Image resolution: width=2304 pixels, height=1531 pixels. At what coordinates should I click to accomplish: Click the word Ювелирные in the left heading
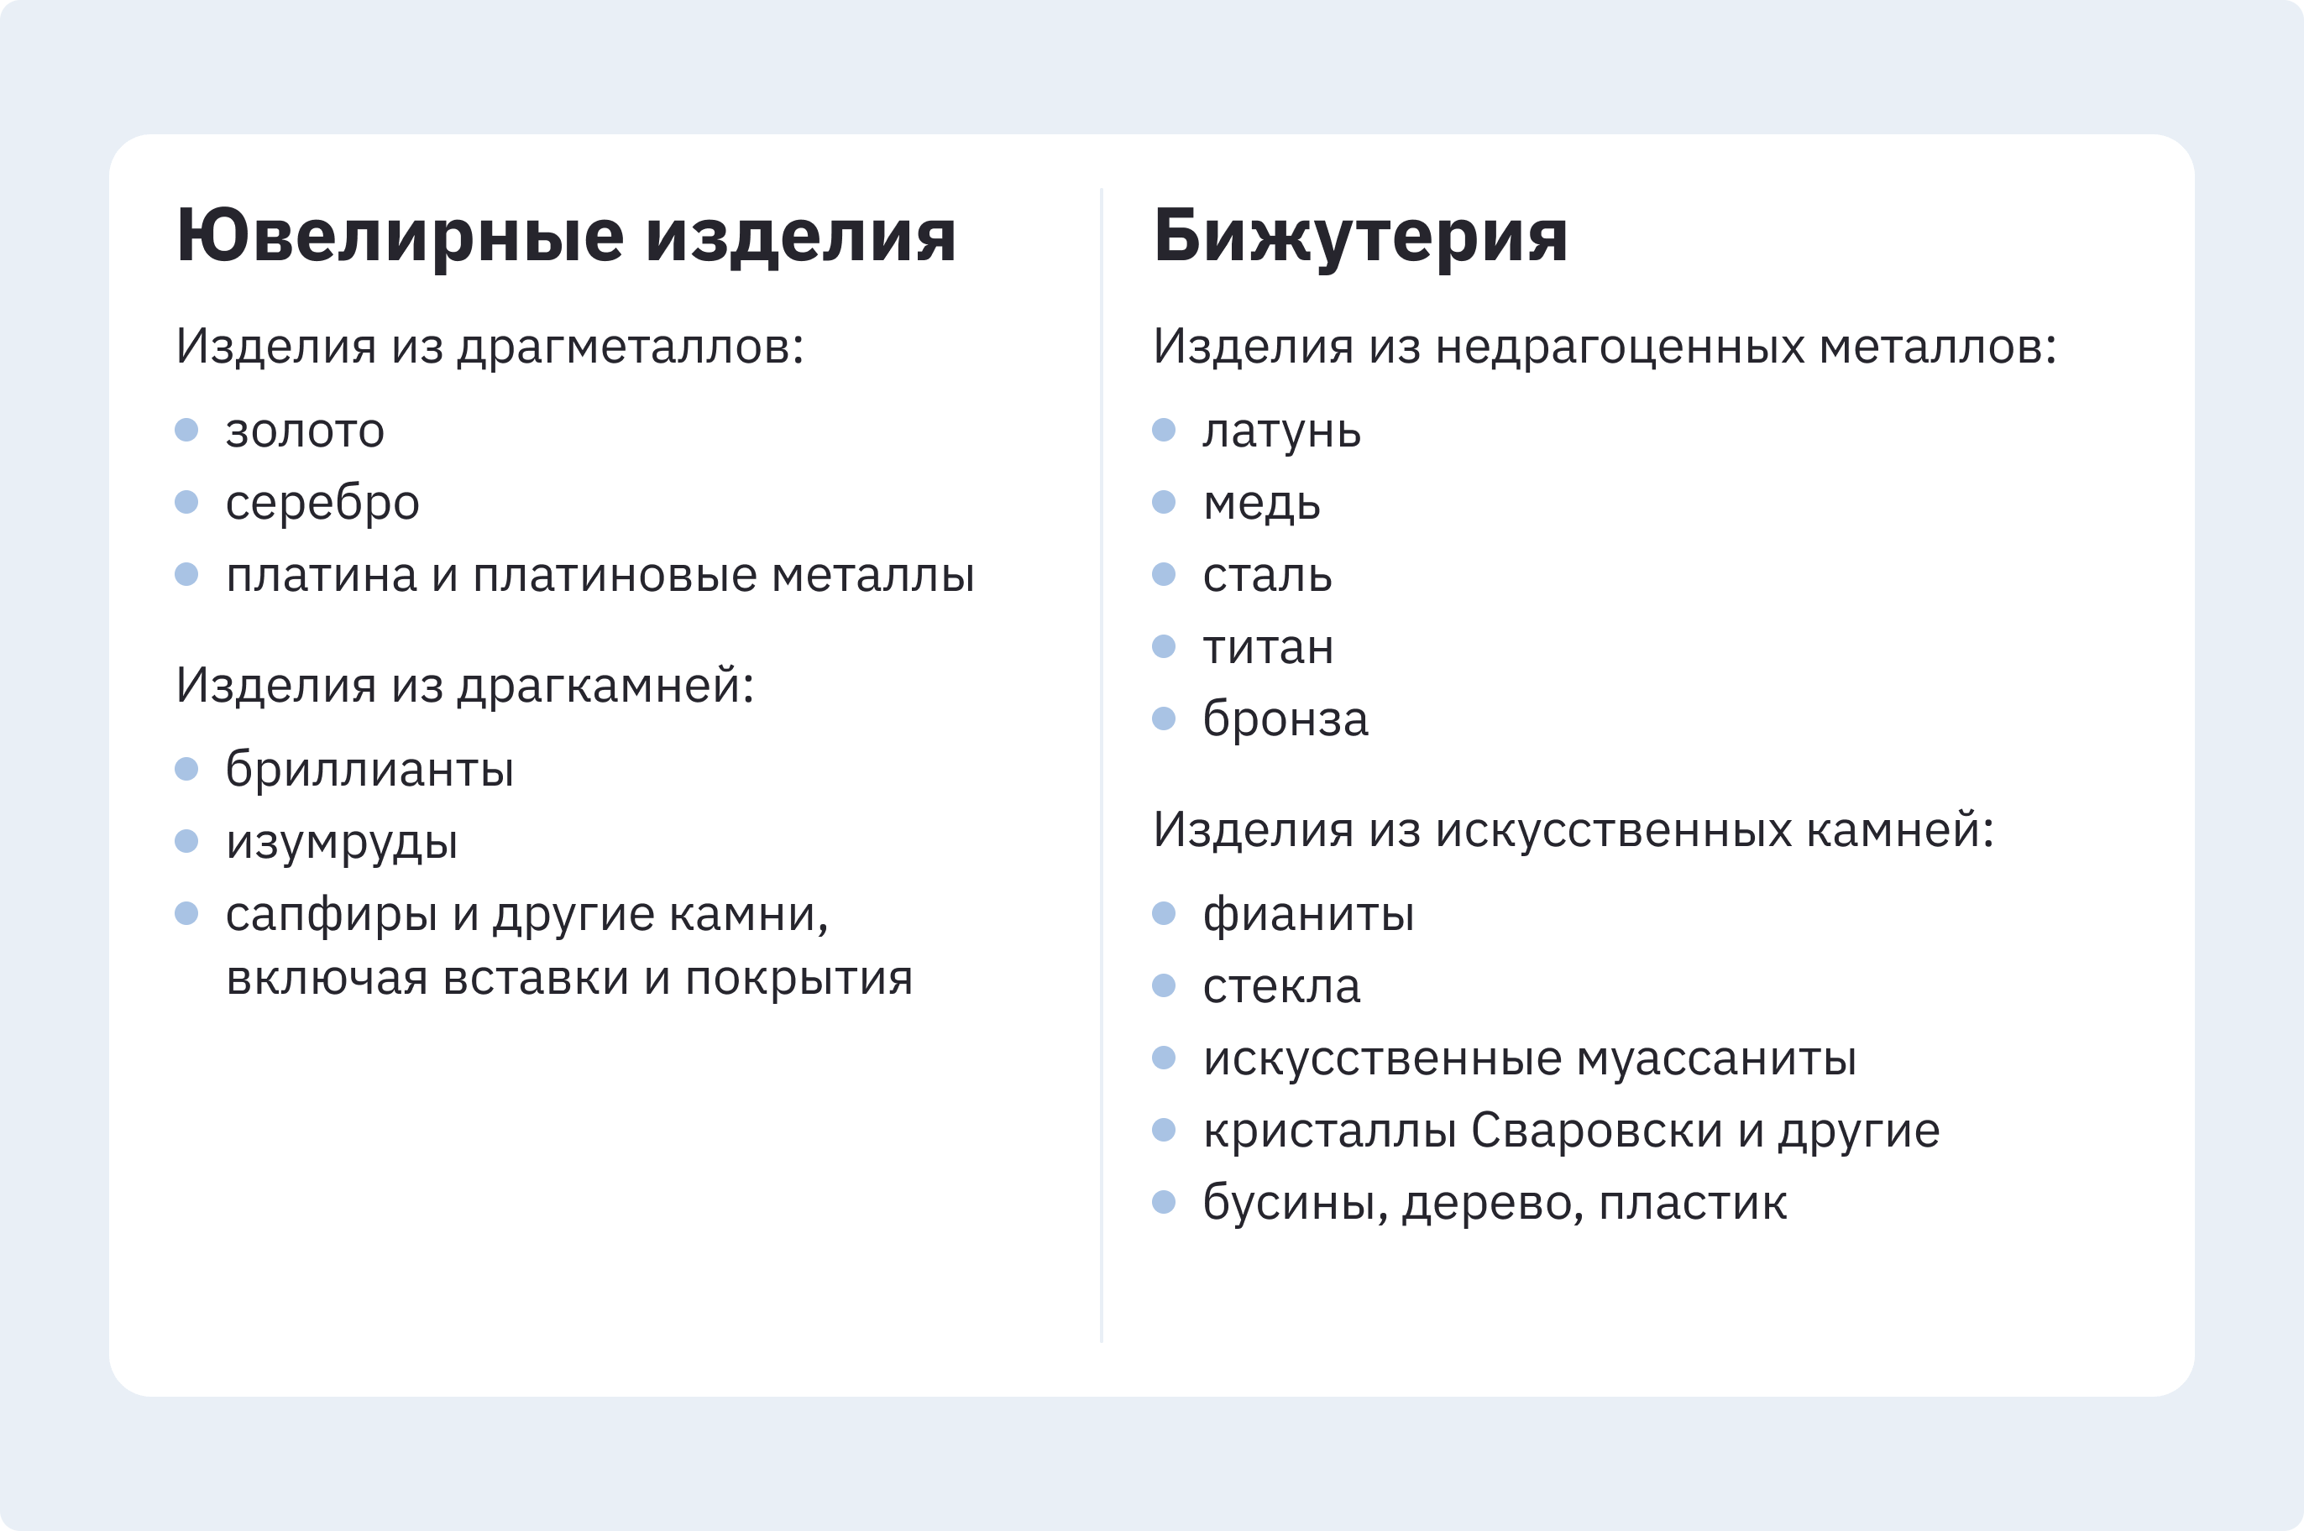401,237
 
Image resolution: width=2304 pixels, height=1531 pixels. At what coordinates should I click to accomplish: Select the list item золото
305,431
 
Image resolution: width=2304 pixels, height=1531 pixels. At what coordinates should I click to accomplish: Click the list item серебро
322,503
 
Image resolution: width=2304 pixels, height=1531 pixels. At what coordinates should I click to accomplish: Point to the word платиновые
615,575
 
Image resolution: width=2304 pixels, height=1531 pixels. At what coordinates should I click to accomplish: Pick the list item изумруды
342,843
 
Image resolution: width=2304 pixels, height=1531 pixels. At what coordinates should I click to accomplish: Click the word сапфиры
331,915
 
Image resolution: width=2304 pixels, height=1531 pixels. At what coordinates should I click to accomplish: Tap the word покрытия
799,980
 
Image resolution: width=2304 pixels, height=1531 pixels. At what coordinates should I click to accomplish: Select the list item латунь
1281,431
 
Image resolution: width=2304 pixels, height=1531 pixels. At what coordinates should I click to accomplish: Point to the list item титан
1268,647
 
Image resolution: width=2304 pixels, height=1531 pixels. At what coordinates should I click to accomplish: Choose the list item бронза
1286,718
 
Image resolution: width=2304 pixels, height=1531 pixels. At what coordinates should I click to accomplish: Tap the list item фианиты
1309,915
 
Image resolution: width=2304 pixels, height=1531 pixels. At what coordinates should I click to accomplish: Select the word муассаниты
1716,1059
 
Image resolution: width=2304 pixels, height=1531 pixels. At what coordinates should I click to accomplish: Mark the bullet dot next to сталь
1163,574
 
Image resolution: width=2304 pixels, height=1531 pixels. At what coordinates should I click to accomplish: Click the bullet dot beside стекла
1163,985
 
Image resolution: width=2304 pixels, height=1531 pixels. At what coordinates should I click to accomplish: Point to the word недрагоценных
1620,347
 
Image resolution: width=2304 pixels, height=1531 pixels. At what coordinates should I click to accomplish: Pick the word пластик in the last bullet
1693,1203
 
